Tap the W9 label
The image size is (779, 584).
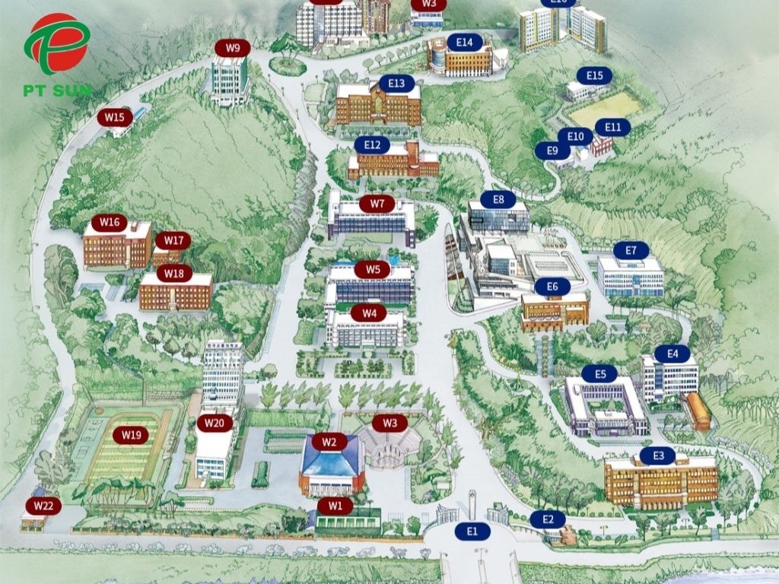pyautogui.click(x=233, y=49)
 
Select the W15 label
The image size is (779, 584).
pyautogui.click(x=115, y=117)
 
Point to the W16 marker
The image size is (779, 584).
pyautogui.click(x=110, y=223)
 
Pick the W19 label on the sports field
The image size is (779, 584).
pyautogui.click(x=132, y=436)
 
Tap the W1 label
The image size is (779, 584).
pyautogui.click(x=335, y=505)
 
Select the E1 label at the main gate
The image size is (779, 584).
pyautogui.click(x=472, y=531)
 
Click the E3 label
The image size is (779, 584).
pyautogui.click(x=658, y=456)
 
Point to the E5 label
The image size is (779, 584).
pyautogui.click(x=600, y=374)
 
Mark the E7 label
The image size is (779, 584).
pyautogui.click(x=631, y=250)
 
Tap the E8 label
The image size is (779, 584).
pyautogui.click(x=498, y=199)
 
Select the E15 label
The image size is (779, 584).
pyautogui.click(x=594, y=75)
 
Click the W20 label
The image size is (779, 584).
pyautogui.click(x=215, y=423)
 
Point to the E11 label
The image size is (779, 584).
pyautogui.click(x=612, y=127)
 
